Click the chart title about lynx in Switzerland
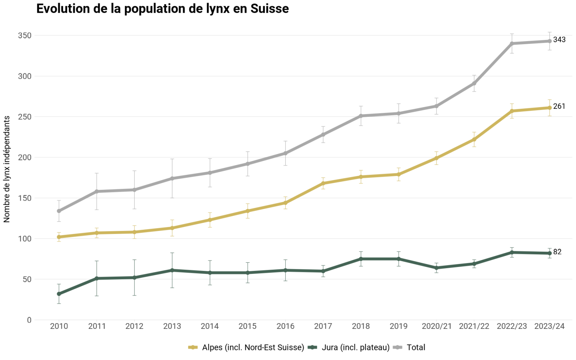[162, 8]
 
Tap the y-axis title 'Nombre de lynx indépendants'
[7, 169]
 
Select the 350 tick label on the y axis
[25, 35]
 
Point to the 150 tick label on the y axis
[25, 198]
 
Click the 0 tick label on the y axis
[29, 320]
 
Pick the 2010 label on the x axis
[59, 326]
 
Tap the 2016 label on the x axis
[285, 326]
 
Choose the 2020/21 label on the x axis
[437, 326]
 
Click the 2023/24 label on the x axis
[550, 326]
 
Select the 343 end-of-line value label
[559, 40]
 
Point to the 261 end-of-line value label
[559, 106]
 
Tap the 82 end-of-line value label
[557, 252]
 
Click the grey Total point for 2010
[59, 211]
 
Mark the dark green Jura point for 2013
[172, 270]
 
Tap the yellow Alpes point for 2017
[323, 183]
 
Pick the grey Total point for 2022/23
[512, 43]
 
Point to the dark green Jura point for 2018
[361, 259]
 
